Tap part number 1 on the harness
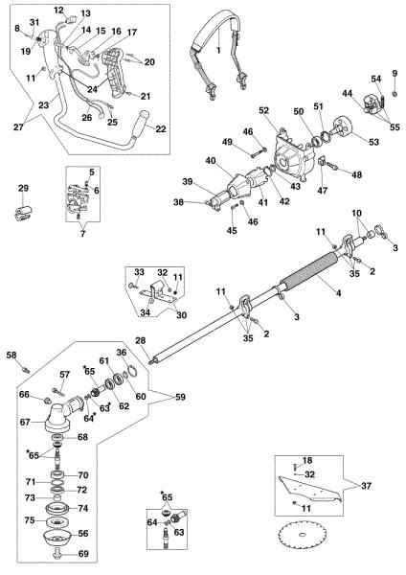[218, 50]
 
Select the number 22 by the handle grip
[161, 128]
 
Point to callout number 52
[264, 110]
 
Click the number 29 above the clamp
[23, 189]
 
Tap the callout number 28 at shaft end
[141, 340]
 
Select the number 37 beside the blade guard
[366, 486]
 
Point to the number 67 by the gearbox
[25, 422]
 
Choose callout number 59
[180, 397]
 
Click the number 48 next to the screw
[356, 174]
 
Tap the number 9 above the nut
[395, 74]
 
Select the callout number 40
[211, 161]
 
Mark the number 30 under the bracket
[181, 315]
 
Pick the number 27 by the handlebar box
[18, 126]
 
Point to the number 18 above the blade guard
[307, 460]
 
